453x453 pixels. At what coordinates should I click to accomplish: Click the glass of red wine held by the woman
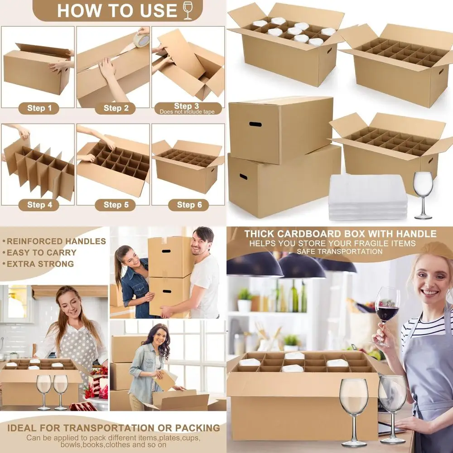388,308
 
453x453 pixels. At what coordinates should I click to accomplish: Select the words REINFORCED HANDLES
56,241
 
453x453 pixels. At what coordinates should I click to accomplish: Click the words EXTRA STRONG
40,264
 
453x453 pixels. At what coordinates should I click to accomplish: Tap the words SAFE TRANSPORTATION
340,251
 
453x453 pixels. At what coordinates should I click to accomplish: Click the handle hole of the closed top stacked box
255,124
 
